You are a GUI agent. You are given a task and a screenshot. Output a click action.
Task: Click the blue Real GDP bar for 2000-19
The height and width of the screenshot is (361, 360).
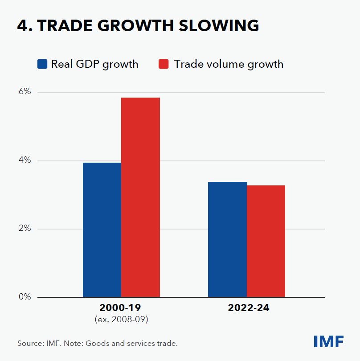tap(102, 230)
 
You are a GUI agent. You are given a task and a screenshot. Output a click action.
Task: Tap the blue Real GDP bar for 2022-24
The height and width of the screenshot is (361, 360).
tap(228, 239)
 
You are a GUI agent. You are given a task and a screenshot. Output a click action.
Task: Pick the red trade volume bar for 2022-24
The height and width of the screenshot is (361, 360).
tap(266, 241)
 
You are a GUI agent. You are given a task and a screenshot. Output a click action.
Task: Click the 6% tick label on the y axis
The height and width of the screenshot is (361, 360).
tap(25, 92)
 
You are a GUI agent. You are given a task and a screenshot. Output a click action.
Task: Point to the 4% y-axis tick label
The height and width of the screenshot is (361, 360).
tap(25, 160)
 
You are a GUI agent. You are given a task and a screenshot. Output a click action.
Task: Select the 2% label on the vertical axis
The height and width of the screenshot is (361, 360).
tap(25, 228)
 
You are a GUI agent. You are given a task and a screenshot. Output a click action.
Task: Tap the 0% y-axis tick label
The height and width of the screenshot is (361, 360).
tap(25, 296)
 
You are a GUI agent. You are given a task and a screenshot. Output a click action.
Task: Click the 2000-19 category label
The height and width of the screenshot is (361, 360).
tap(121, 308)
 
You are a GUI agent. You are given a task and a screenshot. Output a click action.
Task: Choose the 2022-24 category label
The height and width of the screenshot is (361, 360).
tap(246, 308)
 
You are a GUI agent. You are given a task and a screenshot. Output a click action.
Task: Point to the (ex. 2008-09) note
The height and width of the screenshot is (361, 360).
tap(121, 319)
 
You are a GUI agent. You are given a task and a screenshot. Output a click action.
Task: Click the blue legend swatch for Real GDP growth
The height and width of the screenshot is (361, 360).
tap(42, 64)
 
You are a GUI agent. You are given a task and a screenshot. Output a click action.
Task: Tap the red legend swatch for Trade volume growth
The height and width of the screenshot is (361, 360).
tap(164, 64)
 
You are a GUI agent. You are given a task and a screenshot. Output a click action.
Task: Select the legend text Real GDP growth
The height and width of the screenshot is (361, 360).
tap(94, 64)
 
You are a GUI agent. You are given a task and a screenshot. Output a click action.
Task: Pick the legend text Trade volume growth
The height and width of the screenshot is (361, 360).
tap(229, 64)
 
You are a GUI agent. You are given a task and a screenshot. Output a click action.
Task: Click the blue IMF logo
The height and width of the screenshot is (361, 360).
tap(328, 342)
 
